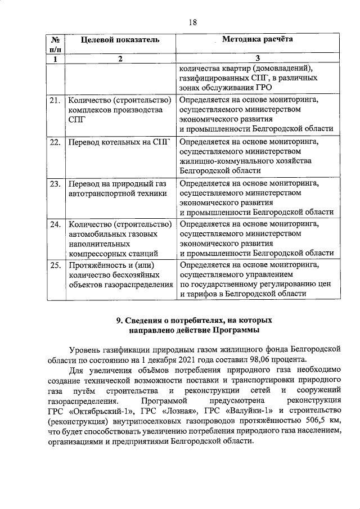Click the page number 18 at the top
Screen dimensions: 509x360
tap(192, 22)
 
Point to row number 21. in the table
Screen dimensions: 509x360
tap(55, 101)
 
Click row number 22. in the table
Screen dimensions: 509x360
tap(55, 142)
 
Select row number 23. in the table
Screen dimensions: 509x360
tap(55, 184)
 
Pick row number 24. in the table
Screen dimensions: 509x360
tap(55, 225)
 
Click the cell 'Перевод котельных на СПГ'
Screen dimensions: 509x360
tap(119, 142)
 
